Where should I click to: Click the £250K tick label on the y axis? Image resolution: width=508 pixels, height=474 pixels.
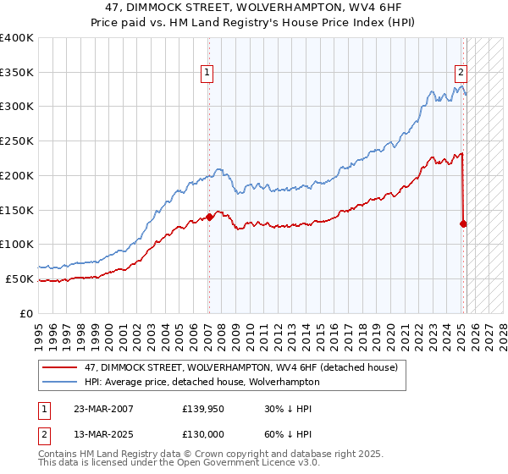point(17,141)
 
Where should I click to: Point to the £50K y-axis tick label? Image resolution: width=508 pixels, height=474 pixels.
point(19,278)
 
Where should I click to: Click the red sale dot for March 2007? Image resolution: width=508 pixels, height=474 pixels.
point(208,217)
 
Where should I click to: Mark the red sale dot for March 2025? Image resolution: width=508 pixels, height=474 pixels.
point(463,223)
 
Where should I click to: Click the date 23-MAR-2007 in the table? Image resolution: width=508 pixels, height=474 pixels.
point(103,408)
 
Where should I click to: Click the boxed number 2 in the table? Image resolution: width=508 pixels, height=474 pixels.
point(43,435)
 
